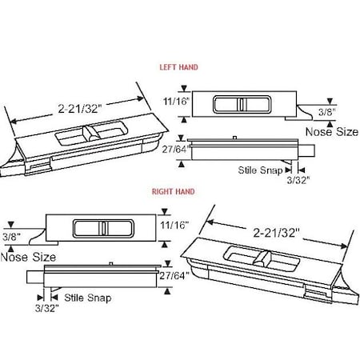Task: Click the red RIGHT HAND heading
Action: click(174, 192)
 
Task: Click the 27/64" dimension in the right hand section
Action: click(177, 276)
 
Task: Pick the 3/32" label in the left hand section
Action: click(304, 181)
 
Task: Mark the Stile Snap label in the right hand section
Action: click(88, 298)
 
